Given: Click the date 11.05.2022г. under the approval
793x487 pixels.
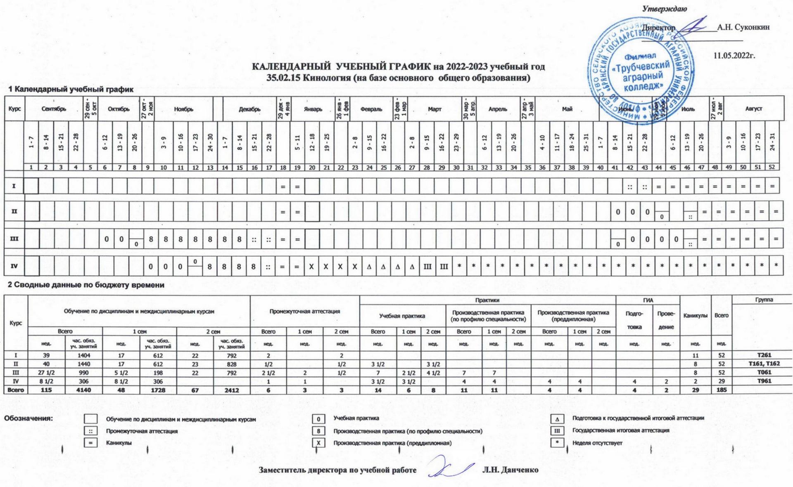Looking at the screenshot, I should pos(734,56).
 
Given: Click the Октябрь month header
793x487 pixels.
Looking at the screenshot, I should pos(119,109).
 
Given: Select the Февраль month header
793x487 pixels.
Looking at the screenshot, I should pos(371,109).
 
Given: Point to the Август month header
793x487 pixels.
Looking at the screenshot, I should pos(753,109).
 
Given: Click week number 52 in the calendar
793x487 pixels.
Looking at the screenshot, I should pos(771,167).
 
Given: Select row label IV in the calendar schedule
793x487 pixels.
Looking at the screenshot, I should pos(14,266).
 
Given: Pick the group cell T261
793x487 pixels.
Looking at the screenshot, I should pos(764,355).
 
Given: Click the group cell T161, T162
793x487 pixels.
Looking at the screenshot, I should pos(764,364).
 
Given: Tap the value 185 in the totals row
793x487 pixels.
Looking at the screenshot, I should pos(721,390).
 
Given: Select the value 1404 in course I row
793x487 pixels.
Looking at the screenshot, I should pos(83,355).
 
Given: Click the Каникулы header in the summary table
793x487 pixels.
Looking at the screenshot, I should pos(695,316).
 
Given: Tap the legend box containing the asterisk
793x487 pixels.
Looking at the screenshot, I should pos(557,443).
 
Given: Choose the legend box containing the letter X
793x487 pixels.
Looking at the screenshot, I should pos(318,443).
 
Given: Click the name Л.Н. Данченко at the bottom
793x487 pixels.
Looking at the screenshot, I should pos(510,470).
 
